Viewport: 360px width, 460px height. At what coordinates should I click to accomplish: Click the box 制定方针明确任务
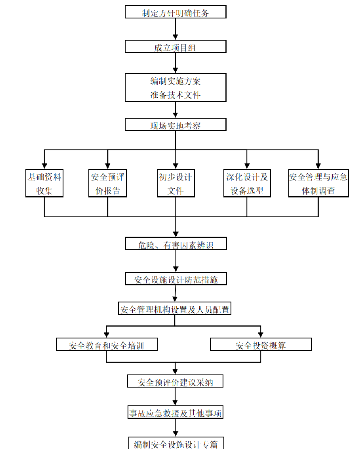(x=175, y=12)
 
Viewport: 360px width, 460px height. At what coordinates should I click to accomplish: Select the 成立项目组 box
(x=175, y=47)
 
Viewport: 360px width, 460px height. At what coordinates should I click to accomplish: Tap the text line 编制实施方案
(x=175, y=81)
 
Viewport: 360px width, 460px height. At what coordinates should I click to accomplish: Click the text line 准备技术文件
(x=175, y=95)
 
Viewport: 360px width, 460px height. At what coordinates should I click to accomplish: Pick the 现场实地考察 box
(x=175, y=125)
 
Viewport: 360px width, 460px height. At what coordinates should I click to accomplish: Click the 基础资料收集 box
(x=44, y=183)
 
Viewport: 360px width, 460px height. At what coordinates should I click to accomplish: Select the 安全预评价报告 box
(x=107, y=183)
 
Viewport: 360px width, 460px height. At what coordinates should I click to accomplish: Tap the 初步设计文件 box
(x=176, y=183)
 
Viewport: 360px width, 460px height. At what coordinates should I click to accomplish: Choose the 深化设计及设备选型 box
(x=247, y=183)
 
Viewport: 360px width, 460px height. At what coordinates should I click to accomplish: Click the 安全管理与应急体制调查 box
(x=318, y=183)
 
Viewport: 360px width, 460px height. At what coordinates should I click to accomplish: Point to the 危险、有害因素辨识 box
(x=176, y=244)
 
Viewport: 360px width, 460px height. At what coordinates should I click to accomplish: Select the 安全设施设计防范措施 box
(x=176, y=279)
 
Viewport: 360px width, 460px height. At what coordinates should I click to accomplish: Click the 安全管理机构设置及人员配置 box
(x=175, y=309)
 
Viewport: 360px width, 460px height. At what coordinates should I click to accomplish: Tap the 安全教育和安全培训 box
(x=107, y=345)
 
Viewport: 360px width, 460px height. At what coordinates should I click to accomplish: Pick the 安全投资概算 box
(x=261, y=345)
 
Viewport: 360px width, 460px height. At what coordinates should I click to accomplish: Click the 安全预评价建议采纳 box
(x=175, y=381)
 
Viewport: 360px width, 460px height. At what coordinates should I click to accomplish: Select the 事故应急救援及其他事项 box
(x=175, y=412)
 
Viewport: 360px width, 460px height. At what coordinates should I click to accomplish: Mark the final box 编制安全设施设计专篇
(x=176, y=443)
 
